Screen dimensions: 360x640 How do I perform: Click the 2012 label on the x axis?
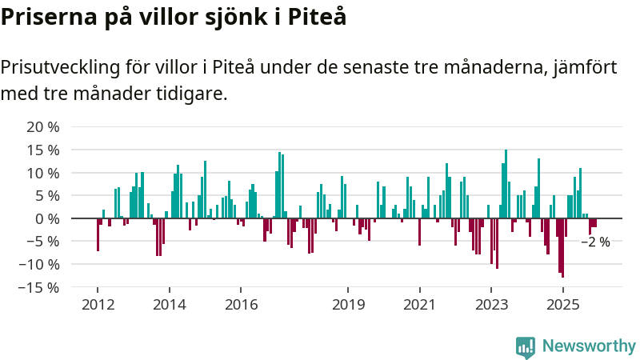98,305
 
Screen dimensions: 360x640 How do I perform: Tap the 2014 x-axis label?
169,305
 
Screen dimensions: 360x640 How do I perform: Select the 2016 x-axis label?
241,305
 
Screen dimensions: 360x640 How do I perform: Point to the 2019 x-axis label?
348,305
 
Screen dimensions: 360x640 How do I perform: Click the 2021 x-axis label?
419,305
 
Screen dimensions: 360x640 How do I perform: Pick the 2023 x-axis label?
491,305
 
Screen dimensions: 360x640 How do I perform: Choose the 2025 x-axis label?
562,305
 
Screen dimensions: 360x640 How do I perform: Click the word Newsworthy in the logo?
589,346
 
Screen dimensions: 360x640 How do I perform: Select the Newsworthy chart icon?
526,346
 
